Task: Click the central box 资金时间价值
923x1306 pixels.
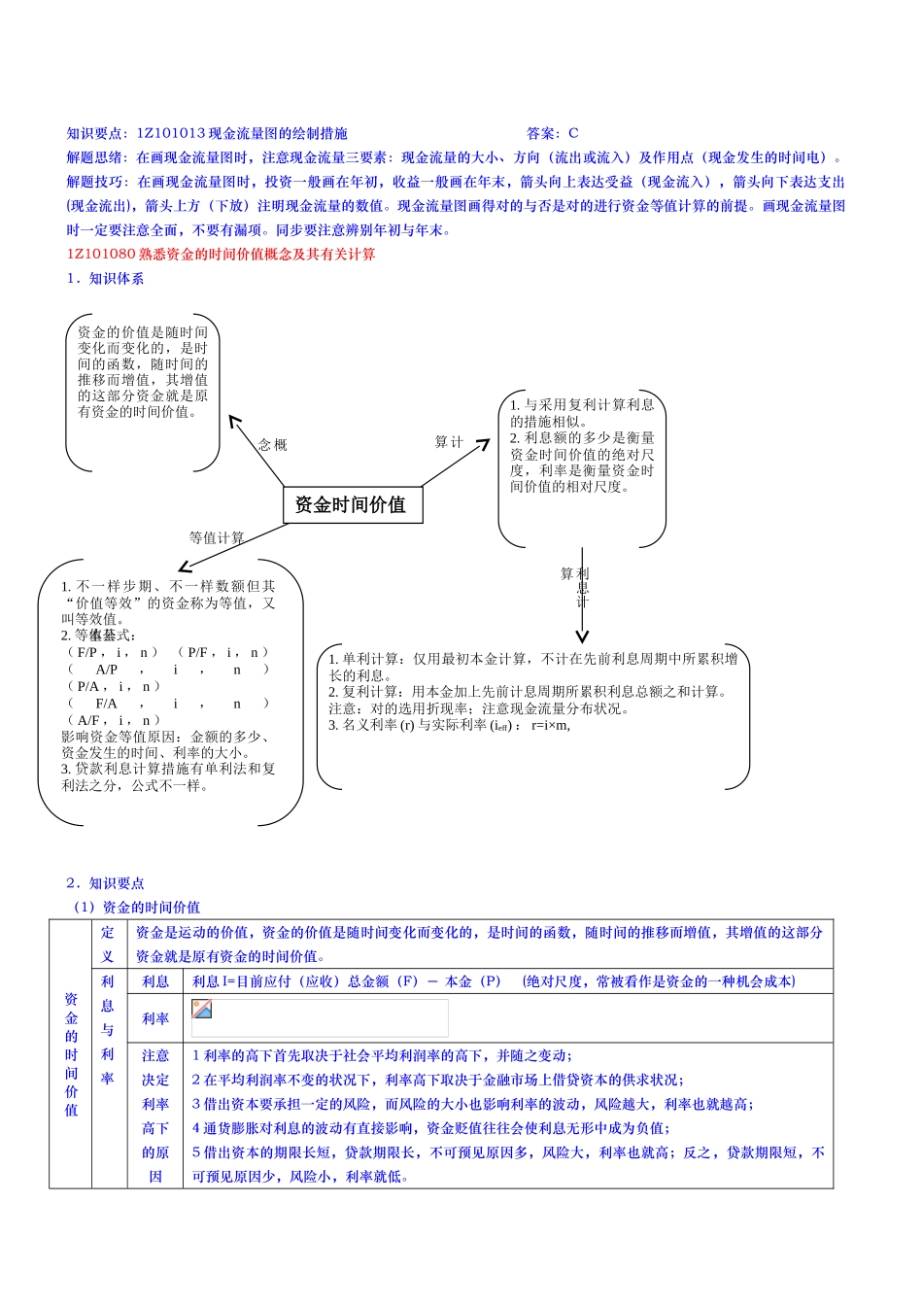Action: tap(353, 504)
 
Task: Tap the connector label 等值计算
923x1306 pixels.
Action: tap(217, 537)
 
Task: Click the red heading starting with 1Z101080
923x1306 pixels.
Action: tap(221, 255)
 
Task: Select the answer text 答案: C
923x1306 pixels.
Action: tap(552, 133)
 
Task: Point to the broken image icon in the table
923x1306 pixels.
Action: tap(202, 1009)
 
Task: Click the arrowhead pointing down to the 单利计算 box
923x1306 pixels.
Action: tap(582, 636)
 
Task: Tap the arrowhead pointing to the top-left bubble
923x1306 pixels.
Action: tap(233, 420)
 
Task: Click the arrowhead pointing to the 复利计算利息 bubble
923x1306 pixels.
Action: tap(483, 445)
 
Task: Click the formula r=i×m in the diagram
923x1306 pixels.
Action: tap(551, 725)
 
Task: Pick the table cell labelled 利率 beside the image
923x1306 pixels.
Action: tap(155, 1018)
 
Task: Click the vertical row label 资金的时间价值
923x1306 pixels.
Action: tap(71, 1054)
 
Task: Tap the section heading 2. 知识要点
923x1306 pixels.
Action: tap(105, 883)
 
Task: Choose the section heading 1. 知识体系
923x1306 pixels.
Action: tap(105, 279)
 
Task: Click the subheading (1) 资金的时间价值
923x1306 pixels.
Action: tap(137, 908)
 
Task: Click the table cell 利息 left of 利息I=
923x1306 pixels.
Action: tap(155, 981)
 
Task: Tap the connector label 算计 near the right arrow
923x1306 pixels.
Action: tap(449, 442)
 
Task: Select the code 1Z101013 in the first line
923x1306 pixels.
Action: tap(171, 133)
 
